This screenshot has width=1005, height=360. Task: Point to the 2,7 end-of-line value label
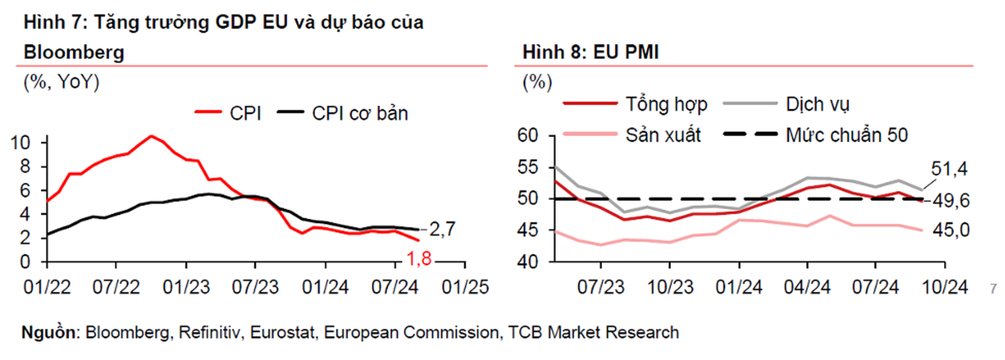click(x=442, y=229)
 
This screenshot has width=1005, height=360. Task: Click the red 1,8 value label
click(x=419, y=258)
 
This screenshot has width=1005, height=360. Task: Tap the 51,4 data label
click(x=949, y=168)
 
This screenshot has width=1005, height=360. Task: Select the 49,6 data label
click(x=951, y=201)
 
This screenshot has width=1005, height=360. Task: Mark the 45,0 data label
click(x=951, y=231)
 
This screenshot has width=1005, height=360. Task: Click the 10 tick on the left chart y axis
click(x=21, y=143)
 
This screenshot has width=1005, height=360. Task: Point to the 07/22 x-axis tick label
click(x=116, y=287)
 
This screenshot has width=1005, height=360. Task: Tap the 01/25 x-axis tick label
click(x=465, y=287)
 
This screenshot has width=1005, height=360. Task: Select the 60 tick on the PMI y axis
click(x=528, y=135)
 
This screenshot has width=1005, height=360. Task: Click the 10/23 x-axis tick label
click(x=670, y=287)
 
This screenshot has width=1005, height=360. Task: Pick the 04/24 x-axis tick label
click(x=807, y=287)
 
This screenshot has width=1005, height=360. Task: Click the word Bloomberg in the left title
click(x=74, y=52)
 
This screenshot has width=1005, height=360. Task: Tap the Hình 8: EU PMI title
click(x=590, y=52)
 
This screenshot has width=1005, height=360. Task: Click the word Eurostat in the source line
click(x=283, y=332)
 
